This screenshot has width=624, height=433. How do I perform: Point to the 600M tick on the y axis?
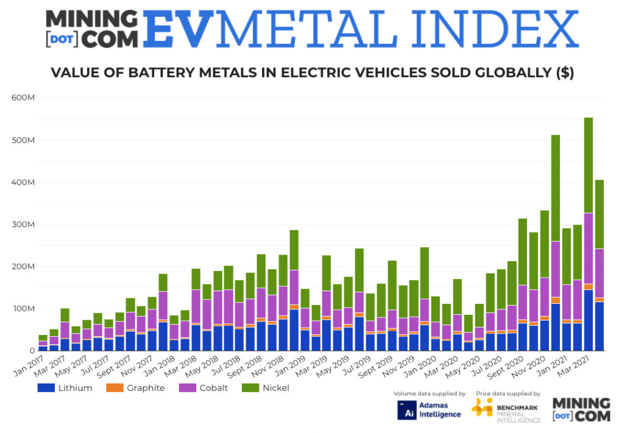click(24, 98)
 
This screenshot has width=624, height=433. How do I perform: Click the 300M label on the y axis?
click(24, 225)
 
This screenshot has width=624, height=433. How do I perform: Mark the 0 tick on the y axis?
click(30, 351)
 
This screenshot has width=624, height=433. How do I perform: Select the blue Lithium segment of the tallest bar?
click(589, 320)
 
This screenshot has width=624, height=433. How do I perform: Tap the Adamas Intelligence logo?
click(429, 409)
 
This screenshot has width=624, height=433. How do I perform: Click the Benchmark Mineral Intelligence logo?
click(506, 409)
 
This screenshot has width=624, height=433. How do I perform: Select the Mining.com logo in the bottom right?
click(581, 409)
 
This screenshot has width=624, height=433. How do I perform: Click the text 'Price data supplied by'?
click(508, 393)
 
